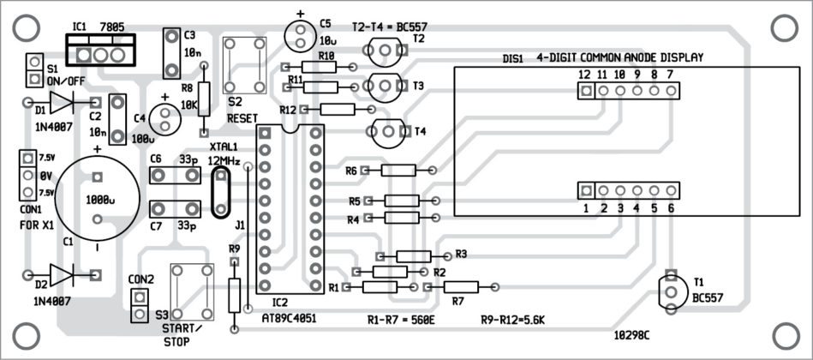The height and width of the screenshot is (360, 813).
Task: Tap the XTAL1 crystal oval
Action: pos(220,193)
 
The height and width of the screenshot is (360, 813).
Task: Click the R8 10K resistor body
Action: pos(204,94)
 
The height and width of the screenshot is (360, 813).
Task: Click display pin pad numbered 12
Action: pos(585,90)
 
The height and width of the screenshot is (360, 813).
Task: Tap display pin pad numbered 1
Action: pos(586,190)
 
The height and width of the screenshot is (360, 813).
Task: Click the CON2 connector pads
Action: pos(138,305)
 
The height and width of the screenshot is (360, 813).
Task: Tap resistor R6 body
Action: pos(397,171)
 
